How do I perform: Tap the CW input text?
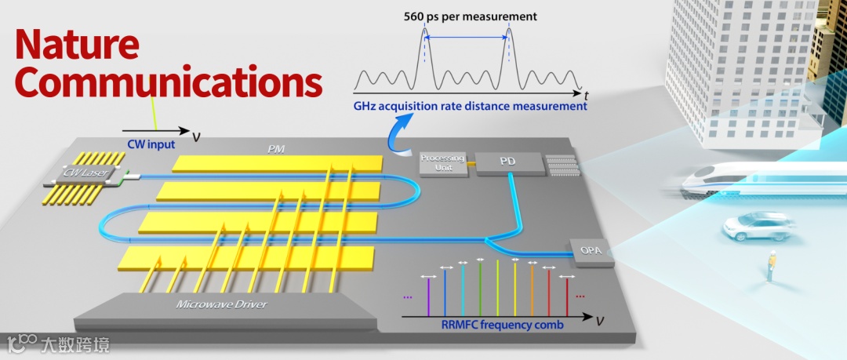(151, 144)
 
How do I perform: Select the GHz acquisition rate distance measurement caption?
(470, 106)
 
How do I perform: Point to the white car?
(758, 227)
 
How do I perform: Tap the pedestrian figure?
(771, 264)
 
